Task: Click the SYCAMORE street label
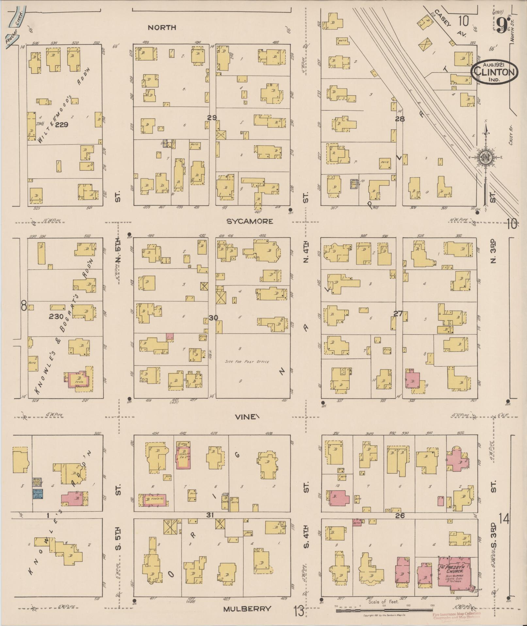point(250,222)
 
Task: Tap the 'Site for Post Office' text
point(247,362)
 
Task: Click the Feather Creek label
point(14,25)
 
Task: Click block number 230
point(56,316)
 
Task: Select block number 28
point(400,119)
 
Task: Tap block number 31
point(210,515)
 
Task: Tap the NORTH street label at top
point(162,28)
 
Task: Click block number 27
point(398,313)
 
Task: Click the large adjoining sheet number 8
point(24,307)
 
